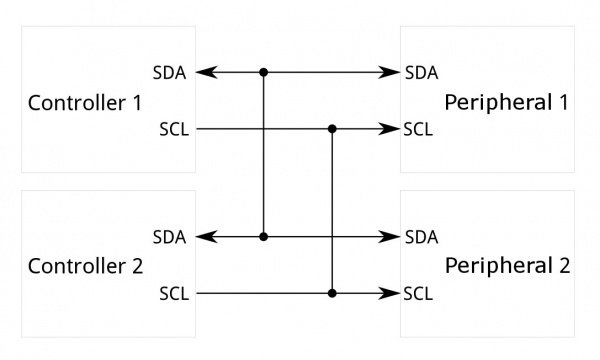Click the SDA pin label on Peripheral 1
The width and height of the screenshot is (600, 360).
(421, 73)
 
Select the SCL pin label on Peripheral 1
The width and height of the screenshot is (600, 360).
(420, 129)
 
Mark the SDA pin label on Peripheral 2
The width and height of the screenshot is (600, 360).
(421, 237)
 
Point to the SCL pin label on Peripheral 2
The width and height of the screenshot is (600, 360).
(420, 294)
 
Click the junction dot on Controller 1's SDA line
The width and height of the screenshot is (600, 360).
(264, 73)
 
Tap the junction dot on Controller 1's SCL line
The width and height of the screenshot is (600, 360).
(332, 129)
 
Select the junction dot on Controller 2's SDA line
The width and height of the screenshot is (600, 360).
(264, 237)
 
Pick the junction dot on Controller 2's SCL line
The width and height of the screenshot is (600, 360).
(332, 294)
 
